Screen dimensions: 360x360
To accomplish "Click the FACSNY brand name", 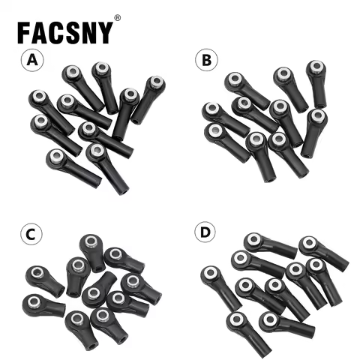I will tap(66, 32).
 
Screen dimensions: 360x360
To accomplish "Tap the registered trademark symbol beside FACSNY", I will tap(117, 17).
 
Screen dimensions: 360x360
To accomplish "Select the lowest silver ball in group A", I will tap(96, 151).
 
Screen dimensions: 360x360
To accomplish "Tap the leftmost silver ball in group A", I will tap(37, 97).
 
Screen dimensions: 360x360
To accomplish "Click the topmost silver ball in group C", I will tap(91, 241).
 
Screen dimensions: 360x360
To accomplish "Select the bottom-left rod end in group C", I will tap(42, 304).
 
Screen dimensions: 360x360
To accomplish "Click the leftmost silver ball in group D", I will tap(209, 272).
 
